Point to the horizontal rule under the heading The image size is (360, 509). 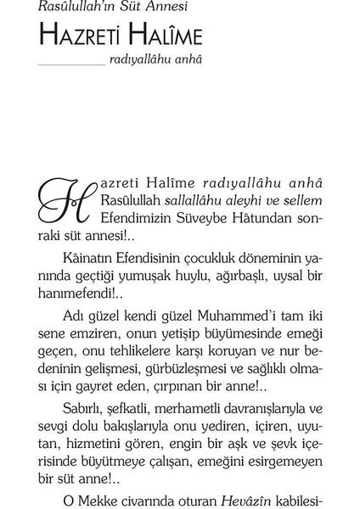(x=71, y=64)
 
